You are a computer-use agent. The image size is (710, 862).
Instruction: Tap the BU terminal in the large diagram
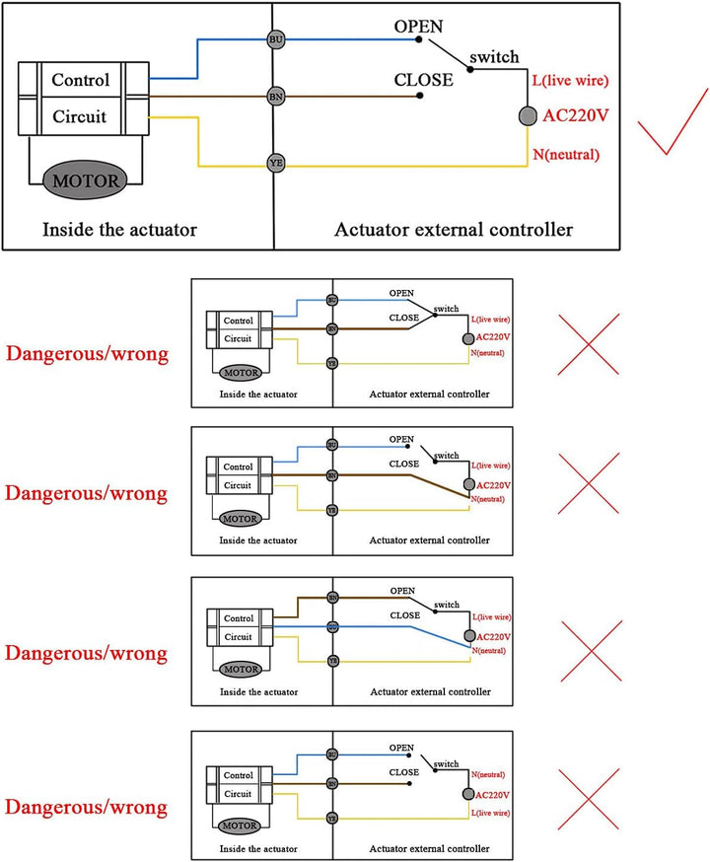276,39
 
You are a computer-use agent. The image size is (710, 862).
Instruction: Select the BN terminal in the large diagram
276,97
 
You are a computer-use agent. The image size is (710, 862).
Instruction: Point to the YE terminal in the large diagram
276,162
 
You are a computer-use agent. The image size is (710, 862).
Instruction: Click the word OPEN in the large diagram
419,26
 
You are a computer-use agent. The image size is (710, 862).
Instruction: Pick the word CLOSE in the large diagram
423,80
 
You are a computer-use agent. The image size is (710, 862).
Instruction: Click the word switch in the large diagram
494,57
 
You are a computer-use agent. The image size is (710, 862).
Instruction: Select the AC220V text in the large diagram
576,115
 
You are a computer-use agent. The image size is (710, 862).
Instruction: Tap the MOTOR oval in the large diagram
86,181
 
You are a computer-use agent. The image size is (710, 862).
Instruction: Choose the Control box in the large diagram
81,80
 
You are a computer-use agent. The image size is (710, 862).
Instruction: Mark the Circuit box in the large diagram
81,115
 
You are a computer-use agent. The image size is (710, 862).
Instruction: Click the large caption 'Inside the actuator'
119,230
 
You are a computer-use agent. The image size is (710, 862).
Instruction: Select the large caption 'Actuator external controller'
454,230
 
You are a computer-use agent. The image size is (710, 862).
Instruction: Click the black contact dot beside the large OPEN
419,40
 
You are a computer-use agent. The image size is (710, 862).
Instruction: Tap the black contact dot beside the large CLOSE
420,97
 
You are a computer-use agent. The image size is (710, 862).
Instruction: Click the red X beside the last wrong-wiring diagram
589,801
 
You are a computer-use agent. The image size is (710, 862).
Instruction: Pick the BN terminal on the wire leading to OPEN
332,597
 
